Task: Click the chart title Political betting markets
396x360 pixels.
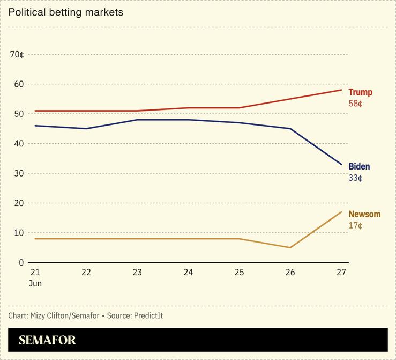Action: (x=65, y=12)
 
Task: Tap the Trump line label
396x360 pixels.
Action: (x=360, y=92)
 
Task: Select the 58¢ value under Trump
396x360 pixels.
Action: (x=355, y=103)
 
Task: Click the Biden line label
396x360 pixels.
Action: (x=359, y=166)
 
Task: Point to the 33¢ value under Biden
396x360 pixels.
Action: (x=355, y=178)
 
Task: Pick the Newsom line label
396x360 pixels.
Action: (x=364, y=214)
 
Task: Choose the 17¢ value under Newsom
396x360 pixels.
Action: (x=355, y=225)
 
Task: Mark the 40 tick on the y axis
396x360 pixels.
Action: (x=19, y=144)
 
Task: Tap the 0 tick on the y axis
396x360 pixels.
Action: (x=21, y=262)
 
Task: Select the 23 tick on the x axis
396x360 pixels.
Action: (x=137, y=272)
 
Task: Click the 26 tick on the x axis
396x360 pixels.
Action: (x=290, y=272)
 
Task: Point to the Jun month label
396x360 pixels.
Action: (x=35, y=283)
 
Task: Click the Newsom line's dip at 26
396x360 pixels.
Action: (x=290, y=247)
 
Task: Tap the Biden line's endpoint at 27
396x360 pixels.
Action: (x=341, y=165)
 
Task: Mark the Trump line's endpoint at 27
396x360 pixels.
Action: (x=341, y=90)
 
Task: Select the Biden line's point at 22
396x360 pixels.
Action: (x=86, y=129)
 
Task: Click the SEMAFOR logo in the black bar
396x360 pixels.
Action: (x=47, y=340)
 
